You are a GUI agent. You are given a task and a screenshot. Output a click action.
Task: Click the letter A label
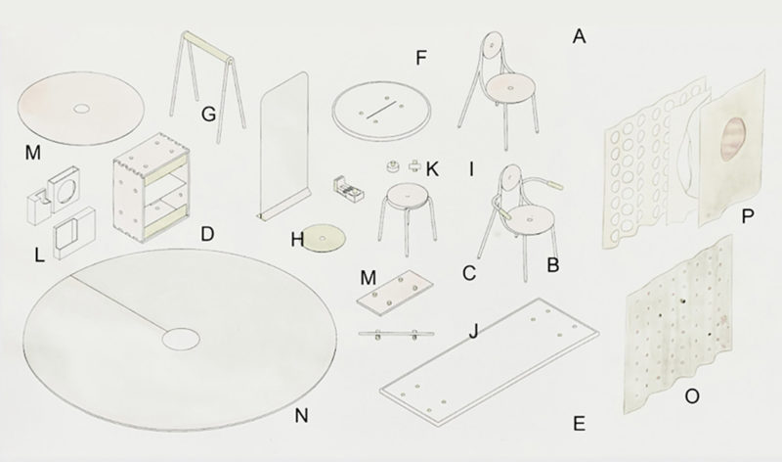[579, 36]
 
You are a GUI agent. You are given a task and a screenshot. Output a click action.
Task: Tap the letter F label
[421, 58]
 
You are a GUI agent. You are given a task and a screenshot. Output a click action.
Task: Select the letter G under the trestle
[208, 115]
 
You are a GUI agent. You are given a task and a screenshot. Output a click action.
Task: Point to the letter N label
[301, 415]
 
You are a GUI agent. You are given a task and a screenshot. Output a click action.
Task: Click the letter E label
[579, 424]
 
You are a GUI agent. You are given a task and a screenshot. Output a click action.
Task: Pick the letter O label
[692, 396]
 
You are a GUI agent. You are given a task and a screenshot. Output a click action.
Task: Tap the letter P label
[747, 216]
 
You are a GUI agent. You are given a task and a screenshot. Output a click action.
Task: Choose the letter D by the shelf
[207, 234]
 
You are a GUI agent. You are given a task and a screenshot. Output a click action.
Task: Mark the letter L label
[39, 255]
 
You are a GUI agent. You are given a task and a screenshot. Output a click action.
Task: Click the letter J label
[474, 331]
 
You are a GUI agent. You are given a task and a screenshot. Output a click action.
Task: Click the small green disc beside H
[325, 238]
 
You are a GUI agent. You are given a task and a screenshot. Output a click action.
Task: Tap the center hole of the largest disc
[181, 339]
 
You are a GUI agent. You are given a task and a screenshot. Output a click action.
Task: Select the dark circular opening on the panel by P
[733, 139]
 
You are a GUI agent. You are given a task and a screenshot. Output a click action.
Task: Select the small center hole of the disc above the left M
[80, 109]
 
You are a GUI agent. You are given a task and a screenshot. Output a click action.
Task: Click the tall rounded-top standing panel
[283, 146]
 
